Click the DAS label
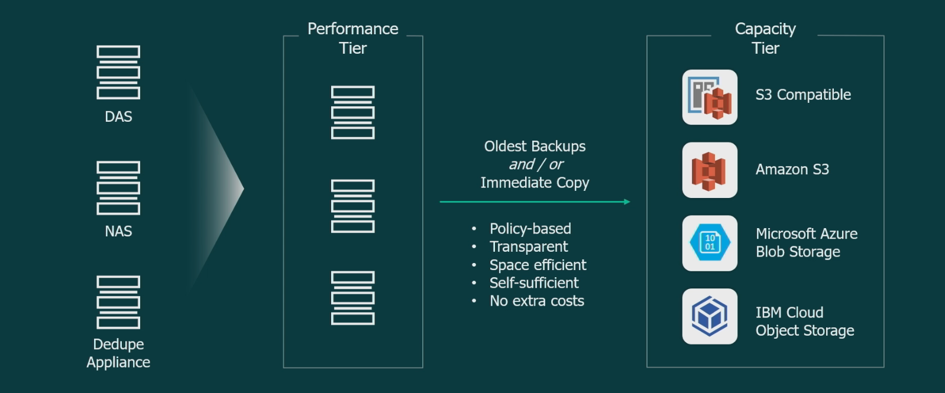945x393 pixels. (118, 116)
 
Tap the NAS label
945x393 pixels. (118, 231)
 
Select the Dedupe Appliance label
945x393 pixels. (118, 353)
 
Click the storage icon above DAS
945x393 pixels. (118, 73)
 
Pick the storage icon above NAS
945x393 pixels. (118, 188)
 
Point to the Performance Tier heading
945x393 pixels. (352, 38)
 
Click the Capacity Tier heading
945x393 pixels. (765, 38)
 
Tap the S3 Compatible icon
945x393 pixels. (710, 97)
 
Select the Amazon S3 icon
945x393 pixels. (710, 170)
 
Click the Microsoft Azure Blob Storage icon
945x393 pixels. (710, 243)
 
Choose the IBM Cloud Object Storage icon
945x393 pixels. (710, 316)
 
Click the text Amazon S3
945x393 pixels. (792, 169)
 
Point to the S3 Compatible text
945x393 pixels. (803, 95)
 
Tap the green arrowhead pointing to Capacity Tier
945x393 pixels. (627, 202)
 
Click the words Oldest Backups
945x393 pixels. (535, 147)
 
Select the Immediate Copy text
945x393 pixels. (535, 183)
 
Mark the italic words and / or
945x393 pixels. (536, 164)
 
